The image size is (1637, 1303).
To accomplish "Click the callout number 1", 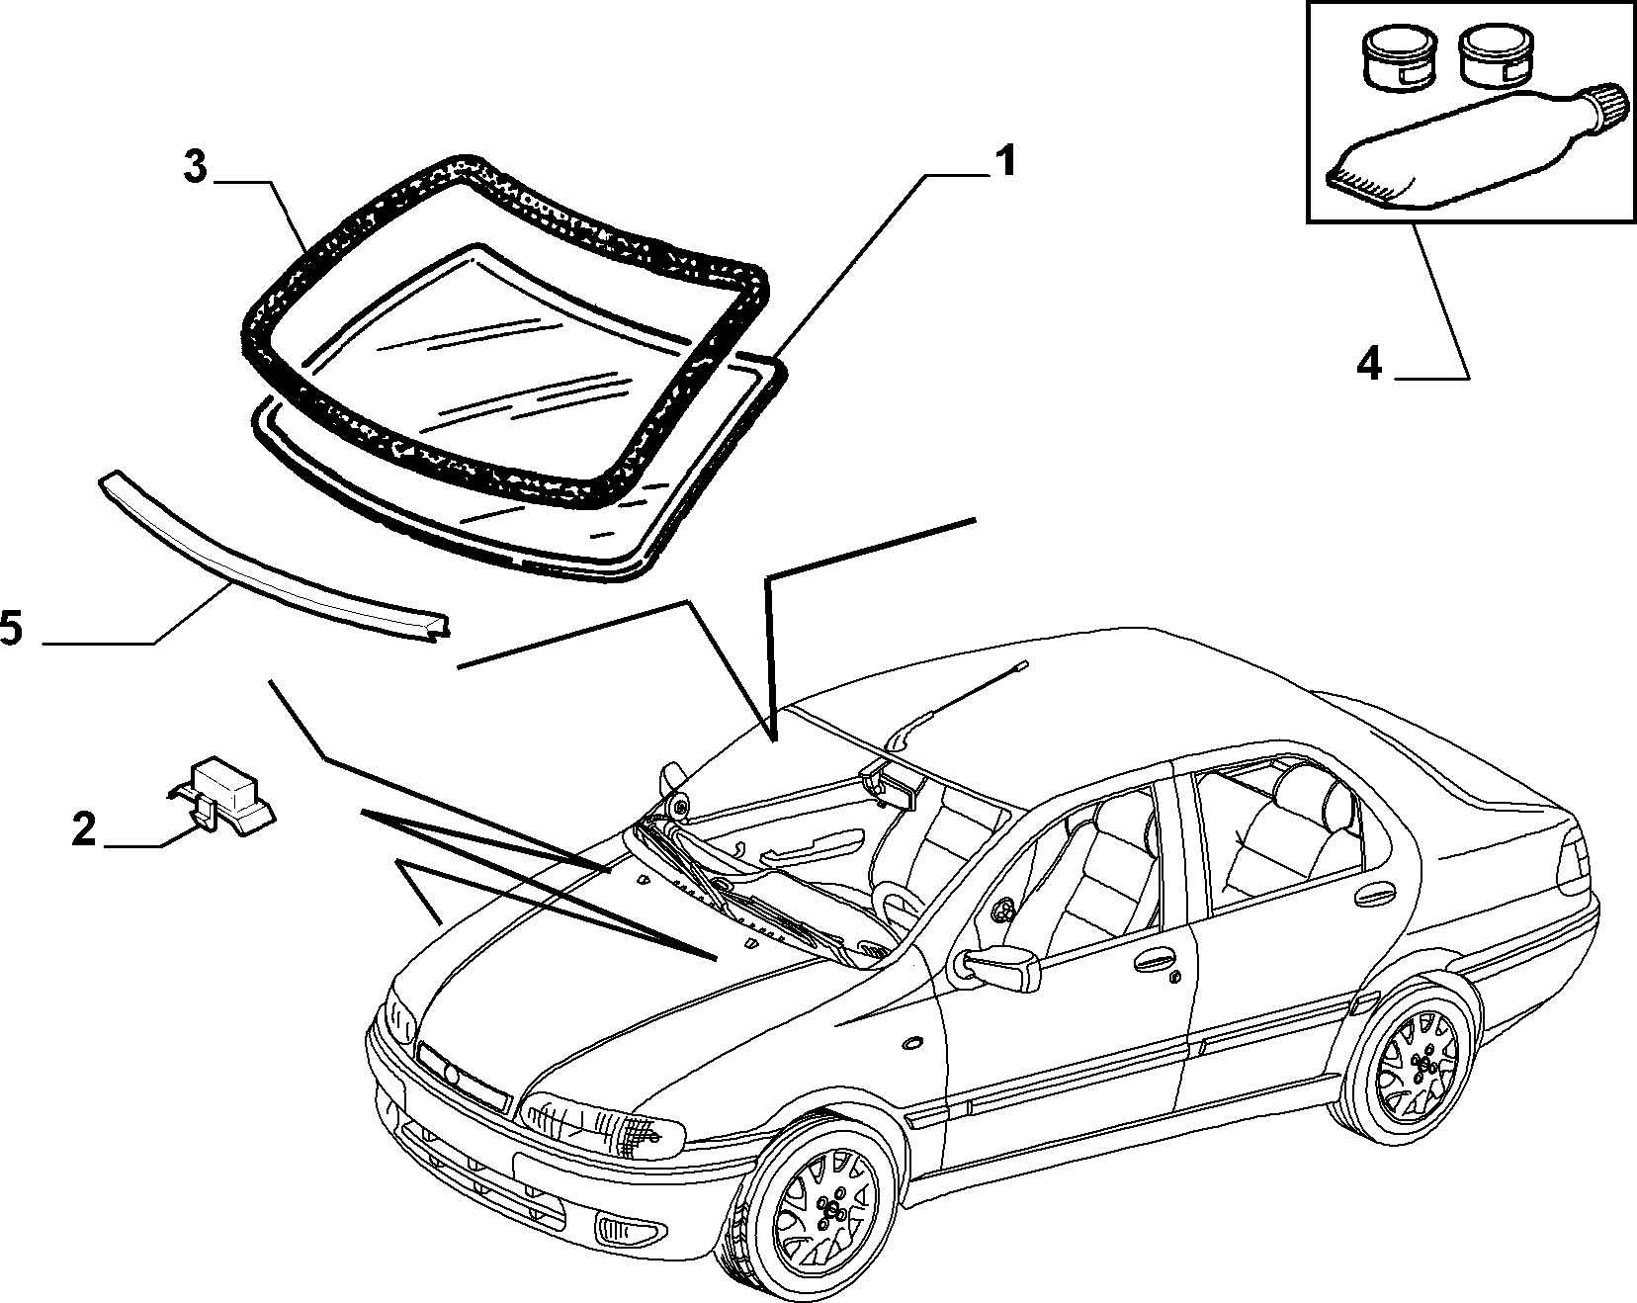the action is tap(1004, 161).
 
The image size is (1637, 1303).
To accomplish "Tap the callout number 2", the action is tap(84, 828).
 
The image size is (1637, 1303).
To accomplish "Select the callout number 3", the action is tap(196, 168).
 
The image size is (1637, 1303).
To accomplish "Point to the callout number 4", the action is tap(1369, 366).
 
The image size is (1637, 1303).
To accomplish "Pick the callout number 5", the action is tap(12, 628).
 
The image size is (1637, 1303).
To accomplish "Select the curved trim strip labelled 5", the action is tap(274, 557).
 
